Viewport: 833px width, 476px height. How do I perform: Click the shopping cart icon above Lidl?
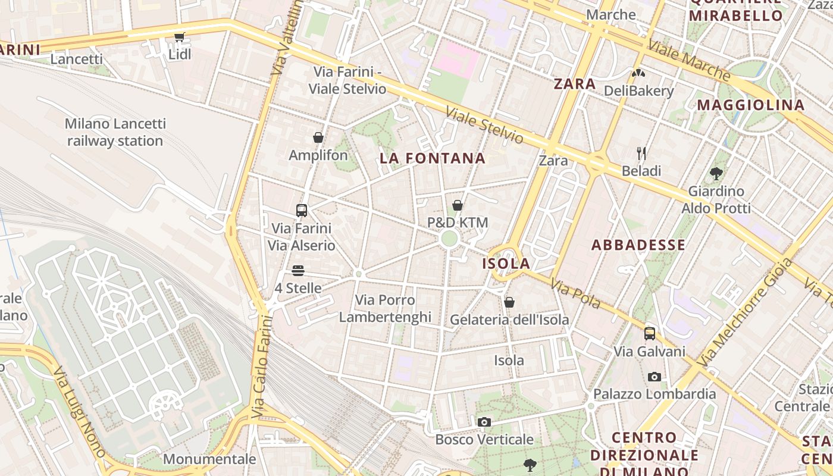tap(179, 37)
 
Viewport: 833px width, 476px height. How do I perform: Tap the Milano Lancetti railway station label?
tap(115, 132)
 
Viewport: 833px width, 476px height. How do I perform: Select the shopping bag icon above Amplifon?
tap(318, 137)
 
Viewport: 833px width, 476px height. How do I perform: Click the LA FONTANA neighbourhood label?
tap(433, 158)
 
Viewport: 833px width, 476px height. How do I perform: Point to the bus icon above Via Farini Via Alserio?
tap(302, 210)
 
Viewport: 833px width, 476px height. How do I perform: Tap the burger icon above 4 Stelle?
tap(298, 271)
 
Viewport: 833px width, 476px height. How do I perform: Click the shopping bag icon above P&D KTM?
tap(458, 205)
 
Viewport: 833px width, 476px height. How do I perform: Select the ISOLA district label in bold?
tap(506, 264)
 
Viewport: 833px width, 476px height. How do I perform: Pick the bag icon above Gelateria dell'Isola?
tap(509, 302)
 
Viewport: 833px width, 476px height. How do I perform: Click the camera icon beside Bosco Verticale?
tap(484, 422)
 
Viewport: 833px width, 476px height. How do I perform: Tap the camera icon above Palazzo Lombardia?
tap(654, 377)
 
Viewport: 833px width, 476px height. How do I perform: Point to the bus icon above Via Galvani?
tap(650, 333)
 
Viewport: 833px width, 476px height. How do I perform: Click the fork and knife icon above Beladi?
tap(641, 154)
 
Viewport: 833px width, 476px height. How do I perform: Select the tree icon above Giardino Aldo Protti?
tap(716, 174)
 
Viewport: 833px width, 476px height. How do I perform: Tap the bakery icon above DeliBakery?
tap(638, 74)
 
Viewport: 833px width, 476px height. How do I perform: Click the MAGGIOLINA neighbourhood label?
tap(751, 105)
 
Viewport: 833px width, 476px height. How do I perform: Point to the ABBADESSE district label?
tap(638, 245)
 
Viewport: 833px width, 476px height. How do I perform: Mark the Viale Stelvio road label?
tap(484, 126)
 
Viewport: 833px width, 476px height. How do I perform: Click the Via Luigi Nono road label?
tap(79, 411)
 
